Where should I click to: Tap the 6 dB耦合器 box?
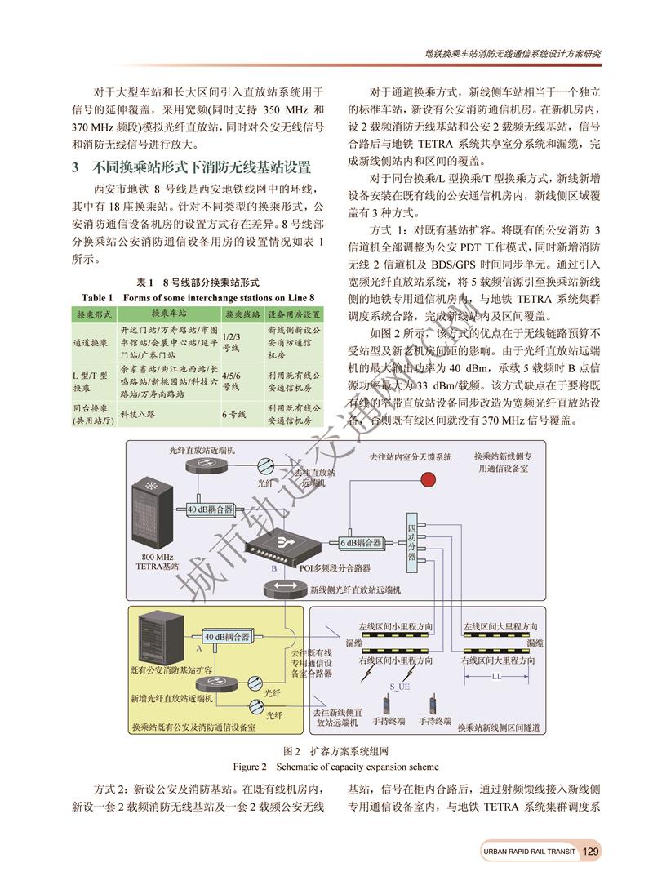pos(361,542)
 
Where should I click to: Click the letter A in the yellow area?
pos(198,647)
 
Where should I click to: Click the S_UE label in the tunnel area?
pos(399,686)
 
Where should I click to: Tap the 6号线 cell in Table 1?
pos(234,414)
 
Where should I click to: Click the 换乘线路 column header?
pos(242,314)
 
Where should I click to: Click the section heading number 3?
pos(75,168)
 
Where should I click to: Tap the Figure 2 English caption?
pos(335,767)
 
